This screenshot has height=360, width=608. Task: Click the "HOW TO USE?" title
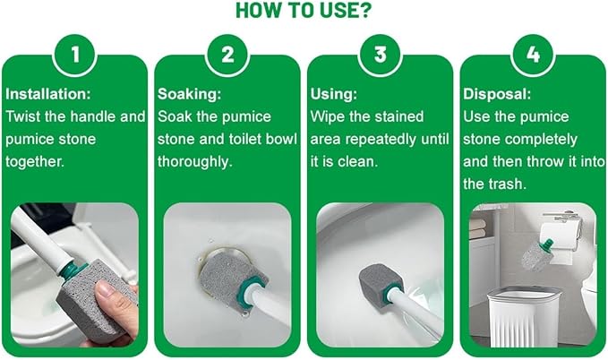[x=304, y=11]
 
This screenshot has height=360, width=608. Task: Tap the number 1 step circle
[x=74, y=55]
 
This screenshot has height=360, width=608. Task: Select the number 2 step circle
[x=227, y=55]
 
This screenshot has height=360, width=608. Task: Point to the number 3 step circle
[x=380, y=55]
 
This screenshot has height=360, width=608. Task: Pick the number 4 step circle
[x=533, y=55]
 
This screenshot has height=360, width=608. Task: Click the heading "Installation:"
[x=48, y=94]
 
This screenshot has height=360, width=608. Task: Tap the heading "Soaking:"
[x=189, y=94]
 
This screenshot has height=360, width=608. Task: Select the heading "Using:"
[x=334, y=94]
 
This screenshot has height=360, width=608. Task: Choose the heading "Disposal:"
[x=497, y=94]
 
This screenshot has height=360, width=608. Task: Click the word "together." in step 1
[x=35, y=162]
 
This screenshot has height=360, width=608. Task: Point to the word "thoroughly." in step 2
[x=195, y=162]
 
